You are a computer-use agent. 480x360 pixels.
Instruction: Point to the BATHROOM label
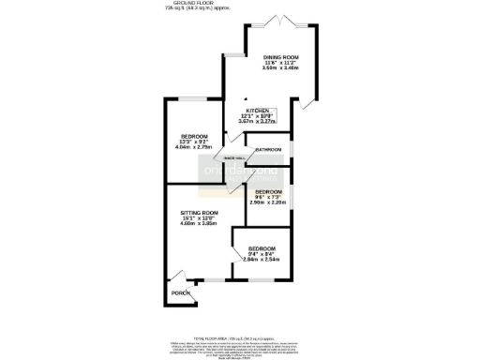click(x=268, y=149)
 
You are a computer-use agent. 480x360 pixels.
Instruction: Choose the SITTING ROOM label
click(x=199, y=213)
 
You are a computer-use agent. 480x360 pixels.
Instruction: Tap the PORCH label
click(x=180, y=293)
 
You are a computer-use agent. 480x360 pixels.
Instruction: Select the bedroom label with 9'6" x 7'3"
click(x=267, y=190)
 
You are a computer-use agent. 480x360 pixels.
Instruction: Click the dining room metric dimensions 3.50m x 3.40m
click(x=279, y=68)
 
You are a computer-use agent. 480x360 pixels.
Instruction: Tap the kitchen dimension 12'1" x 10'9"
click(x=257, y=115)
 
